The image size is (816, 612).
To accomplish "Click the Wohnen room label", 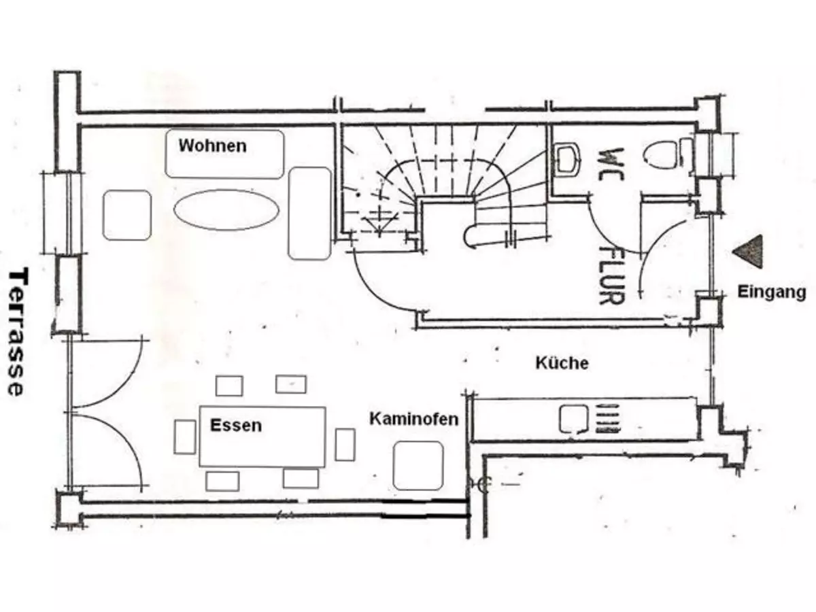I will (x=212, y=146).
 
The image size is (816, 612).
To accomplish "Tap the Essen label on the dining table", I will (x=235, y=426).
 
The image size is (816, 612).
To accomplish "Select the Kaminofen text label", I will (x=413, y=419).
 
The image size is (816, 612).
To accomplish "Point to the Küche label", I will (x=562, y=363).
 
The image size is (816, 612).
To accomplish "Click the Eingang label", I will (x=772, y=292).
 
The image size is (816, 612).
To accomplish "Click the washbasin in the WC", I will (x=566, y=158).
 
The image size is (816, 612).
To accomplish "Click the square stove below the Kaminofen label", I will (x=418, y=465).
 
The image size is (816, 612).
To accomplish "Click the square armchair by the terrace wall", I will (x=126, y=215).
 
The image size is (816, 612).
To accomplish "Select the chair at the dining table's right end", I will (x=345, y=444).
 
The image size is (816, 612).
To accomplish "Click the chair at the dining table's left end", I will (x=185, y=437).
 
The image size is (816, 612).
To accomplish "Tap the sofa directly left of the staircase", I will (x=309, y=213).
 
